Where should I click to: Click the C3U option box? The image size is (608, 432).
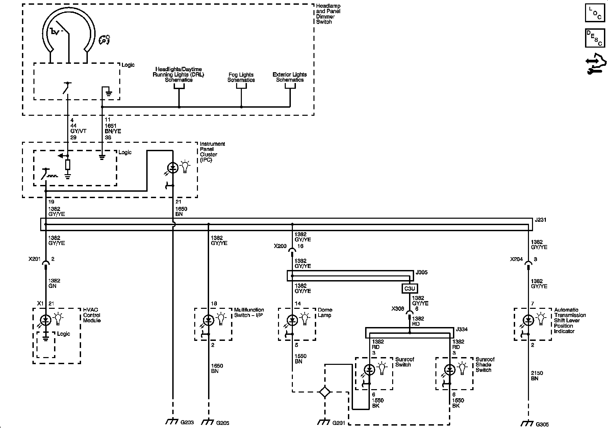tap(409, 289)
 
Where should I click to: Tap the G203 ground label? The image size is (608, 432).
tap(187, 422)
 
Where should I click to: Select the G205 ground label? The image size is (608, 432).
tap(223, 423)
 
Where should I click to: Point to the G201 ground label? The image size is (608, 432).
tap(339, 423)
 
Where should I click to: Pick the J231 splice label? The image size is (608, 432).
tap(540, 220)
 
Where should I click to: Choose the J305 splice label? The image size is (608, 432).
tap(422, 272)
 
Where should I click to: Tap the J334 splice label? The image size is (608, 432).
tap(462, 329)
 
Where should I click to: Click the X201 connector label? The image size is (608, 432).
tap(34, 260)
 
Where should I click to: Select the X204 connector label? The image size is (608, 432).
tap(516, 260)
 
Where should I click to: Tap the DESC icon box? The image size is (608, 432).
tap(595, 38)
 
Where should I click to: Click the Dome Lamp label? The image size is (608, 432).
tap(325, 313)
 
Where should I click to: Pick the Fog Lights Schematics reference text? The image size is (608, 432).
tap(241, 77)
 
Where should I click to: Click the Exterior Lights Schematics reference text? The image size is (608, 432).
tap(290, 77)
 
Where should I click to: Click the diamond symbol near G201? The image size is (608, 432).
tap(325, 392)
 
